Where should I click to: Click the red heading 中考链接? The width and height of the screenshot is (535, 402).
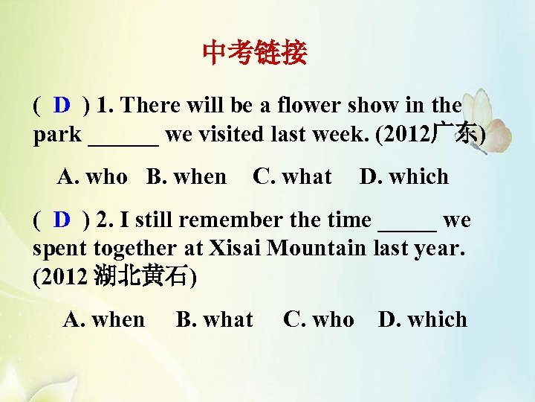click(x=254, y=53)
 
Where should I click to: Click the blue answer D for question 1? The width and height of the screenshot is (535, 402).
click(x=62, y=105)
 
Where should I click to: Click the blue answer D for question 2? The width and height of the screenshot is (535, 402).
click(x=62, y=220)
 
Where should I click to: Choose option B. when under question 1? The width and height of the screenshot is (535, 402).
click(x=187, y=177)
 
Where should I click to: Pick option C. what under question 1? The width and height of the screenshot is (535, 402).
click(x=292, y=177)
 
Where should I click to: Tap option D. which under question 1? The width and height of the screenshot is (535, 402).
click(x=404, y=177)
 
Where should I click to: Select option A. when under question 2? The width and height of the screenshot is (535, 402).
click(x=104, y=320)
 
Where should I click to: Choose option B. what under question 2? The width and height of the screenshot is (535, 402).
click(x=214, y=320)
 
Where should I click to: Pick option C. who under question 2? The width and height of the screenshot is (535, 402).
click(x=319, y=320)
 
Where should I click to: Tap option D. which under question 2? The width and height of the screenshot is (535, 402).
click(x=423, y=320)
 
